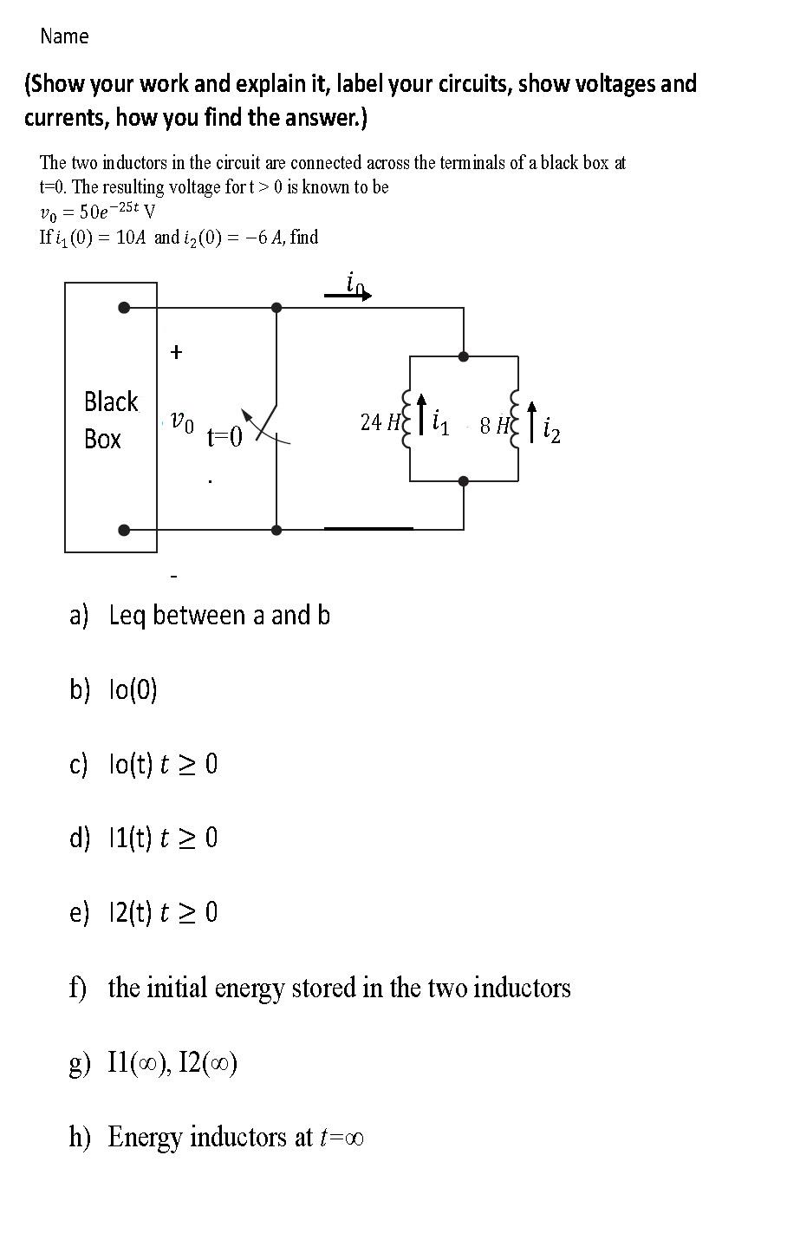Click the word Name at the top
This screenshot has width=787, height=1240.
[64, 36]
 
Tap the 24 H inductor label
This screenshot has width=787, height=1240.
[379, 422]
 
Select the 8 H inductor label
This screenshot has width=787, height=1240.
[494, 425]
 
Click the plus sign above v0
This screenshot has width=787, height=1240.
[176, 352]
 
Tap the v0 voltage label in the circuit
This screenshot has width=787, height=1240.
[181, 422]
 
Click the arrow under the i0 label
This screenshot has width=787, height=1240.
[348, 296]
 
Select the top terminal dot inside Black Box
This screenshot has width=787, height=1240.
[125, 307]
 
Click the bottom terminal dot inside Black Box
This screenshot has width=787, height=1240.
[125, 530]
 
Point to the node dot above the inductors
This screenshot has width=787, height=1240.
[464, 356]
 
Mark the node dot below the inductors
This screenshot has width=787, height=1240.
[464, 480]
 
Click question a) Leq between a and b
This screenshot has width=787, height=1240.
[200, 616]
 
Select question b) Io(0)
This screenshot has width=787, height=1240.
[114, 690]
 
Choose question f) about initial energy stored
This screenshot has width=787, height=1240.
[320, 988]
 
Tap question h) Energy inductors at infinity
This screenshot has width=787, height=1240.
[216, 1137]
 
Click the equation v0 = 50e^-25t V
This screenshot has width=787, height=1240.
[97, 211]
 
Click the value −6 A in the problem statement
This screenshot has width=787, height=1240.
[261, 237]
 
